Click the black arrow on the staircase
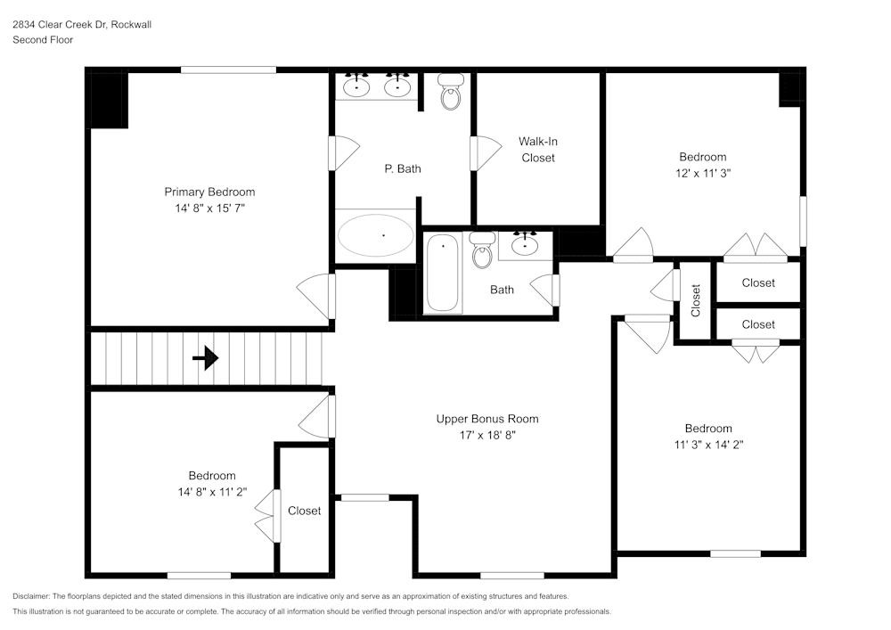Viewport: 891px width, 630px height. coord(206,358)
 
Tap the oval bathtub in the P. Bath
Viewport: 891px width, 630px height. coord(375,235)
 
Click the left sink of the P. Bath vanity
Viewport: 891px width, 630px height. coord(357,86)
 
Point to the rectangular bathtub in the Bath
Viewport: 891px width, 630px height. coord(443,273)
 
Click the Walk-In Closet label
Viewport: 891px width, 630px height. coord(538,150)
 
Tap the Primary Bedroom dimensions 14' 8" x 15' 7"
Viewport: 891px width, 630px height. coord(209,208)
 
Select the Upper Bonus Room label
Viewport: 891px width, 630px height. coord(486,419)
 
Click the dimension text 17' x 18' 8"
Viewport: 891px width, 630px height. coord(486,435)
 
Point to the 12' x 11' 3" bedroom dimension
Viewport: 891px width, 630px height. coord(702,174)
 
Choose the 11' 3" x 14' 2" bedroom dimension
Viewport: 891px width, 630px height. coord(708,445)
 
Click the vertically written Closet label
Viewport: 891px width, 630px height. coord(696,300)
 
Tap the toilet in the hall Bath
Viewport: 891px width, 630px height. coord(482,250)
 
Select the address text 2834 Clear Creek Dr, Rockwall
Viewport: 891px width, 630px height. coord(82,25)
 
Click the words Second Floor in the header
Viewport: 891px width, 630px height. coord(43,40)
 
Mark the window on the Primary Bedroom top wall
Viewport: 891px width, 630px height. coord(228,70)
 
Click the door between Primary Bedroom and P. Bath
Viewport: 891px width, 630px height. coord(332,152)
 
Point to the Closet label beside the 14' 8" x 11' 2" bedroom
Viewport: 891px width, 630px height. coord(304,511)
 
